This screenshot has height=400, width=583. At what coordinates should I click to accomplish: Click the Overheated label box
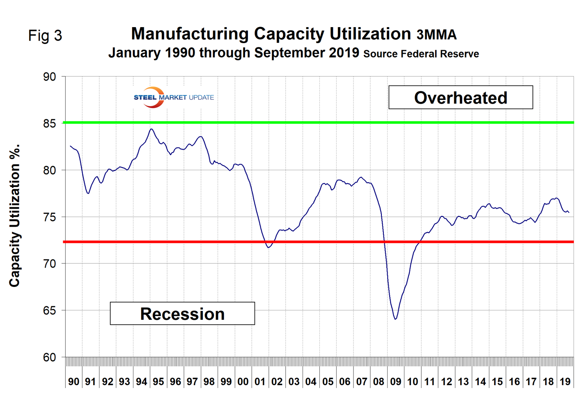[x=461, y=97]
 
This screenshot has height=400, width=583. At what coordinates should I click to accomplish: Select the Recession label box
[x=182, y=314]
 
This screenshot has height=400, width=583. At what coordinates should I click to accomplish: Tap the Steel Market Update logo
[x=174, y=97]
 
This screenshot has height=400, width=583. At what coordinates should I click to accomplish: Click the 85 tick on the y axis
[x=49, y=123]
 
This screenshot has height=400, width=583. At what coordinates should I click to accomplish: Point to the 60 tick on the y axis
[x=49, y=357]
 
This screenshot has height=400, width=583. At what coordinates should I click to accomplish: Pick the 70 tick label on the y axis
[x=49, y=264]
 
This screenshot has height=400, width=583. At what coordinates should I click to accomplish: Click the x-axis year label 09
[x=395, y=382]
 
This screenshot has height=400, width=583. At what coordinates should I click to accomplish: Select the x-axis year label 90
[x=73, y=382]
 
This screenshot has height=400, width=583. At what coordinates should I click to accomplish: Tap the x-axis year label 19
[x=565, y=382]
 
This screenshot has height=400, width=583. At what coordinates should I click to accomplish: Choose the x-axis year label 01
[x=260, y=382]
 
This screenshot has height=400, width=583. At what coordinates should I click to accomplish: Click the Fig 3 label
[x=45, y=36]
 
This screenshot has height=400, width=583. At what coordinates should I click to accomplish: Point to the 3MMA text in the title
[x=436, y=35]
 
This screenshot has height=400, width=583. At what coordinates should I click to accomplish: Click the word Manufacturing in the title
[x=190, y=34]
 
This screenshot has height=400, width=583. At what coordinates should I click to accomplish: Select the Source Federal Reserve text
[x=421, y=54]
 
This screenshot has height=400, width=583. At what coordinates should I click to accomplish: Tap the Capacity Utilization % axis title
[x=15, y=216]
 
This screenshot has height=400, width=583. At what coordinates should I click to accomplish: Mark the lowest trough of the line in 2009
[x=395, y=319]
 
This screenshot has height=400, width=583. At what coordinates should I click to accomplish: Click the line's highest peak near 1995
[x=151, y=129]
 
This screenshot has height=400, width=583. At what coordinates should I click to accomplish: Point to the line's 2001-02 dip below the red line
[x=269, y=247]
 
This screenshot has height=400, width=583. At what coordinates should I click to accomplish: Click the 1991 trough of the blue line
[x=88, y=193]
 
